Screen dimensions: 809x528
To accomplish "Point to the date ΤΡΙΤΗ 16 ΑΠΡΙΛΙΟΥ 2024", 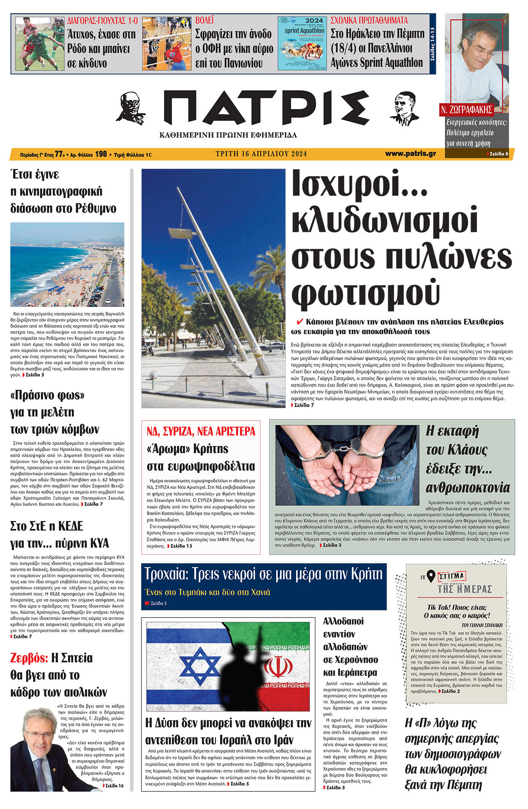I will [x=261, y=154].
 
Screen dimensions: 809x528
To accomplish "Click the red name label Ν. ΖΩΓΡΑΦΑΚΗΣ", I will [x=466, y=110].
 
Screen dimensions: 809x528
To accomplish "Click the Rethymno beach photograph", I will [x=67, y=264].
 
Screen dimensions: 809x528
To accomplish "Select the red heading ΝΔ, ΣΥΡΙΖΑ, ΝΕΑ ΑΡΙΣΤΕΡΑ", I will [x=201, y=431].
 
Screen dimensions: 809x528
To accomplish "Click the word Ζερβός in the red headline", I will [x=29, y=658].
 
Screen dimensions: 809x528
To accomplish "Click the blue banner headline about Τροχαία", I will [x=264, y=574].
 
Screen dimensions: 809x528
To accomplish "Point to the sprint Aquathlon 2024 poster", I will [x=302, y=43].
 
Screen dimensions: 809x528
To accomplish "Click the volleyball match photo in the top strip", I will [x=167, y=43].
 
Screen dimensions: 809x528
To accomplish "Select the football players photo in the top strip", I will [x=40, y=43].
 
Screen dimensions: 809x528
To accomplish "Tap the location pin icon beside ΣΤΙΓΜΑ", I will [x=430, y=576].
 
